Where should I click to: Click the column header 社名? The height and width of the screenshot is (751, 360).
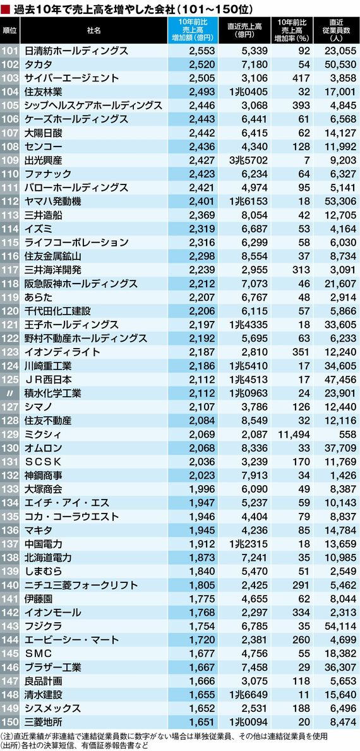(x=94, y=30)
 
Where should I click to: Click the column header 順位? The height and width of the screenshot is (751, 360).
(x=9, y=30)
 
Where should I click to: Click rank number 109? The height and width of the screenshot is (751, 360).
(x=9, y=160)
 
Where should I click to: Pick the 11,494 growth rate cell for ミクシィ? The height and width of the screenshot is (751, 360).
(x=292, y=435)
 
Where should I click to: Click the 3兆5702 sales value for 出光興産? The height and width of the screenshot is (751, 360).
(x=247, y=160)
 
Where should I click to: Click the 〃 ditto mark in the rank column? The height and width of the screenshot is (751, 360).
(x=9, y=394)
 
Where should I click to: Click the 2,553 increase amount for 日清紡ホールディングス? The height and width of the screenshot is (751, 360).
(x=202, y=51)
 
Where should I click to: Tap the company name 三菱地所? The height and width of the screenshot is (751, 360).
(x=42, y=722)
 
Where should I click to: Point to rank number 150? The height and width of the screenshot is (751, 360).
(x=9, y=722)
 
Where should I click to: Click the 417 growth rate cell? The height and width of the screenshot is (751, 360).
(x=298, y=78)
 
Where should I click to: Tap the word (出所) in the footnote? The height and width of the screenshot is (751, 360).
(x=10, y=745)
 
